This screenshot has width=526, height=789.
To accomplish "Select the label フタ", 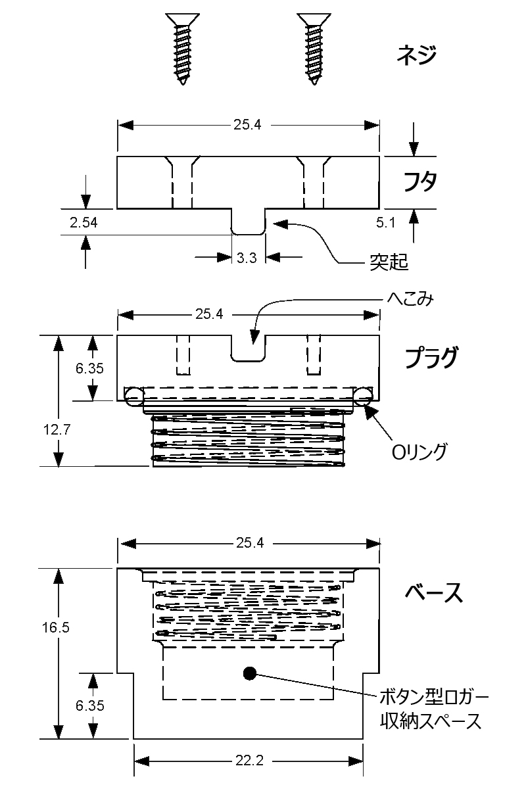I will pyautogui.click(x=419, y=181).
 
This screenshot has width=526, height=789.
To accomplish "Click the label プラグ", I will pyautogui.click(x=431, y=358).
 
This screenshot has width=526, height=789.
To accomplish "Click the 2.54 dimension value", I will pyautogui.click(x=84, y=223).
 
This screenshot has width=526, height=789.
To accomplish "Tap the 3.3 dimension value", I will pyautogui.click(x=247, y=258).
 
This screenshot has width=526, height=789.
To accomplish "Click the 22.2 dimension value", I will pyautogui.click(x=249, y=761).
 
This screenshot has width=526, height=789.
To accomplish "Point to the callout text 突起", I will pyautogui.click(x=385, y=263).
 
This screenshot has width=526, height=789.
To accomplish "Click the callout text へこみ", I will pyautogui.click(x=410, y=299).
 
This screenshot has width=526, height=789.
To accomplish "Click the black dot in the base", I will pyautogui.click(x=249, y=673).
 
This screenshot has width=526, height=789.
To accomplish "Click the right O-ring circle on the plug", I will pyautogui.click(x=362, y=394).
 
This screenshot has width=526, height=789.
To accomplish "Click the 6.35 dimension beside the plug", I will pyautogui.click(x=90, y=369).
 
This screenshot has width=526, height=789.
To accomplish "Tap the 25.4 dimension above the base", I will pyautogui.click(x=249, y=544).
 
